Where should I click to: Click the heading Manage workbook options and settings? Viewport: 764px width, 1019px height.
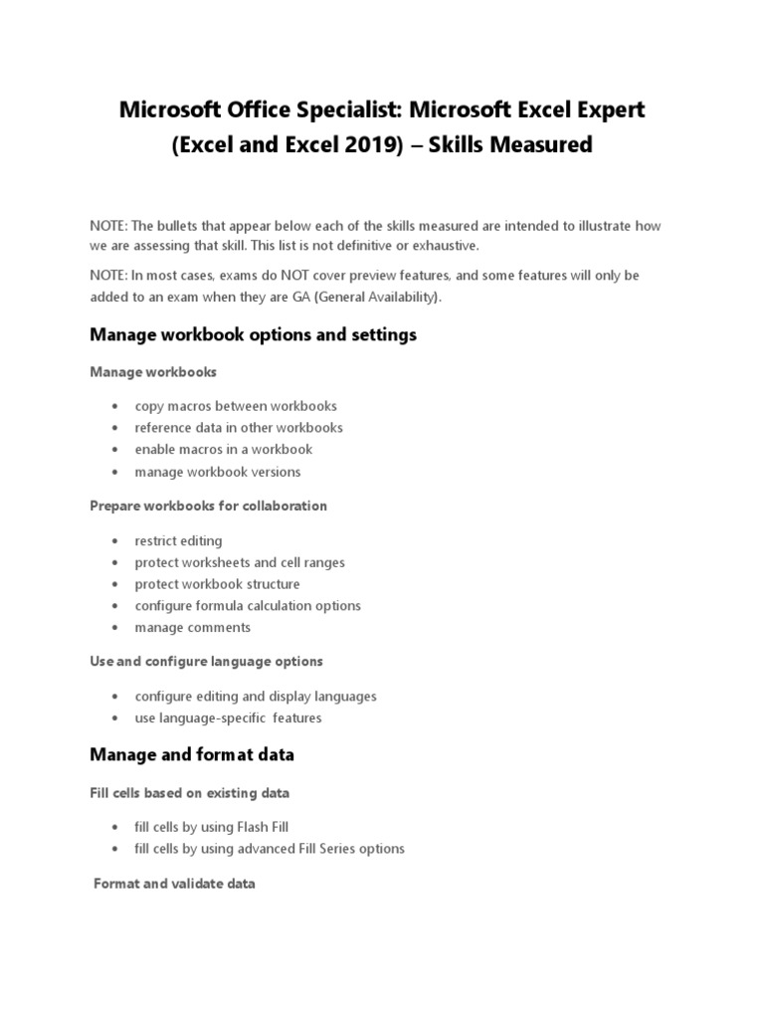(253, 335)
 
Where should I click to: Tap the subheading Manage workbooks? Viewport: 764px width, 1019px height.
(153, 372)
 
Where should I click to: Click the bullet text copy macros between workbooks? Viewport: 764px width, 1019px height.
(236, 406)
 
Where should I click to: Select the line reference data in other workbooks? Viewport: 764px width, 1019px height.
(239, 428)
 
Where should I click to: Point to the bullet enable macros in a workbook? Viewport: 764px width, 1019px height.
(224, 450)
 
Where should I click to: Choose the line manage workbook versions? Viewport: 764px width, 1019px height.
(218, 472)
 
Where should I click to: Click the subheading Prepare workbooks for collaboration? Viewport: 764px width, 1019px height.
(208, 506)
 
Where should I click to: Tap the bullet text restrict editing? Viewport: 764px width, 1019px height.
(179, 541)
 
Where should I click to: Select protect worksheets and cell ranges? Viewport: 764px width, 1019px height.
(240, 563)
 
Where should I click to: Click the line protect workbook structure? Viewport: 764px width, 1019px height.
(217, 584)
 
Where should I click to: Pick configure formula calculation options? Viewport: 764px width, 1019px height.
(248, 606)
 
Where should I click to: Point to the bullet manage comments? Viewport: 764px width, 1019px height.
(193, 628)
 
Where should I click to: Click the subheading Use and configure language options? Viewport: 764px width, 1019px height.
(206, 662)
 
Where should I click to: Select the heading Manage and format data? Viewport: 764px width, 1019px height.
(192, 755)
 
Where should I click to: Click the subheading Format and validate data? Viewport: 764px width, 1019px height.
(174, 884)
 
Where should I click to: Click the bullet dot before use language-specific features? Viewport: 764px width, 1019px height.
(116, 718)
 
